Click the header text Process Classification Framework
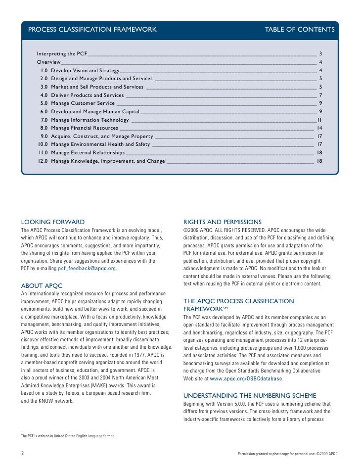pyautogui.click(x=92, y=31)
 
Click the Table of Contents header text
pyautogui.click(x=300, y=31)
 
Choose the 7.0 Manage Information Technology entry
pyautogui.click(x=85, y=120)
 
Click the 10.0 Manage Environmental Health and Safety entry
pyautogui.click(x=94, y=144)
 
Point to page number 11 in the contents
pyautogui.click(x=320, y=120)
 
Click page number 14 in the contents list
pyautogui.click(x=320, y=128)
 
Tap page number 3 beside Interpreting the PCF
pyautogui.click(x=321, y=53)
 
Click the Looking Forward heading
pyautogui.click(x=53, y=221)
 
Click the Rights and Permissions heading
pyautogui.click(x=222, y=221)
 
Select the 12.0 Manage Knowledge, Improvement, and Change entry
pyautogui.click(x=101, y=161)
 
